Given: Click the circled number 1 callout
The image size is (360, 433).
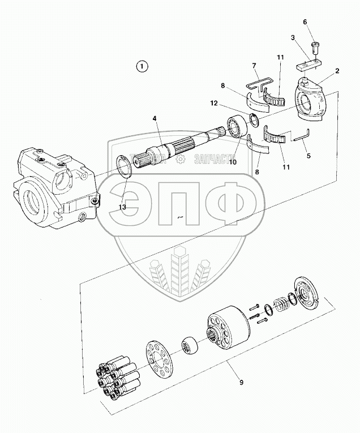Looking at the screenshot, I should [142, 67].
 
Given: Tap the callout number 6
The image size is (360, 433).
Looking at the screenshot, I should [305, 22].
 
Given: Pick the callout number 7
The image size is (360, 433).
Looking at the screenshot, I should [254, 66].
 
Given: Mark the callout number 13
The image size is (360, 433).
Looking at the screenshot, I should [121, 207].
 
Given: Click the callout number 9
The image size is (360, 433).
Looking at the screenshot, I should [241, 383].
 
